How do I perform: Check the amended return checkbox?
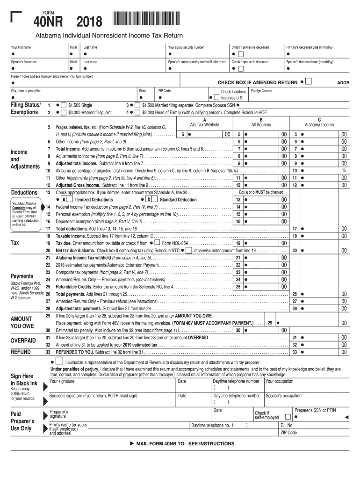click(308, 82)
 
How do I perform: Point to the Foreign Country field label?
click(261, 91)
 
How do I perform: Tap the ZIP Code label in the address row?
click(164, 91)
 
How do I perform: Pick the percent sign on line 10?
click(344, 171)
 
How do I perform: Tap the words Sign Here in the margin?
click(22, 376)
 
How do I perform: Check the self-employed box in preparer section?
click(288, 417)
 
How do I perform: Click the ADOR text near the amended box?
click(343, 83)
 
